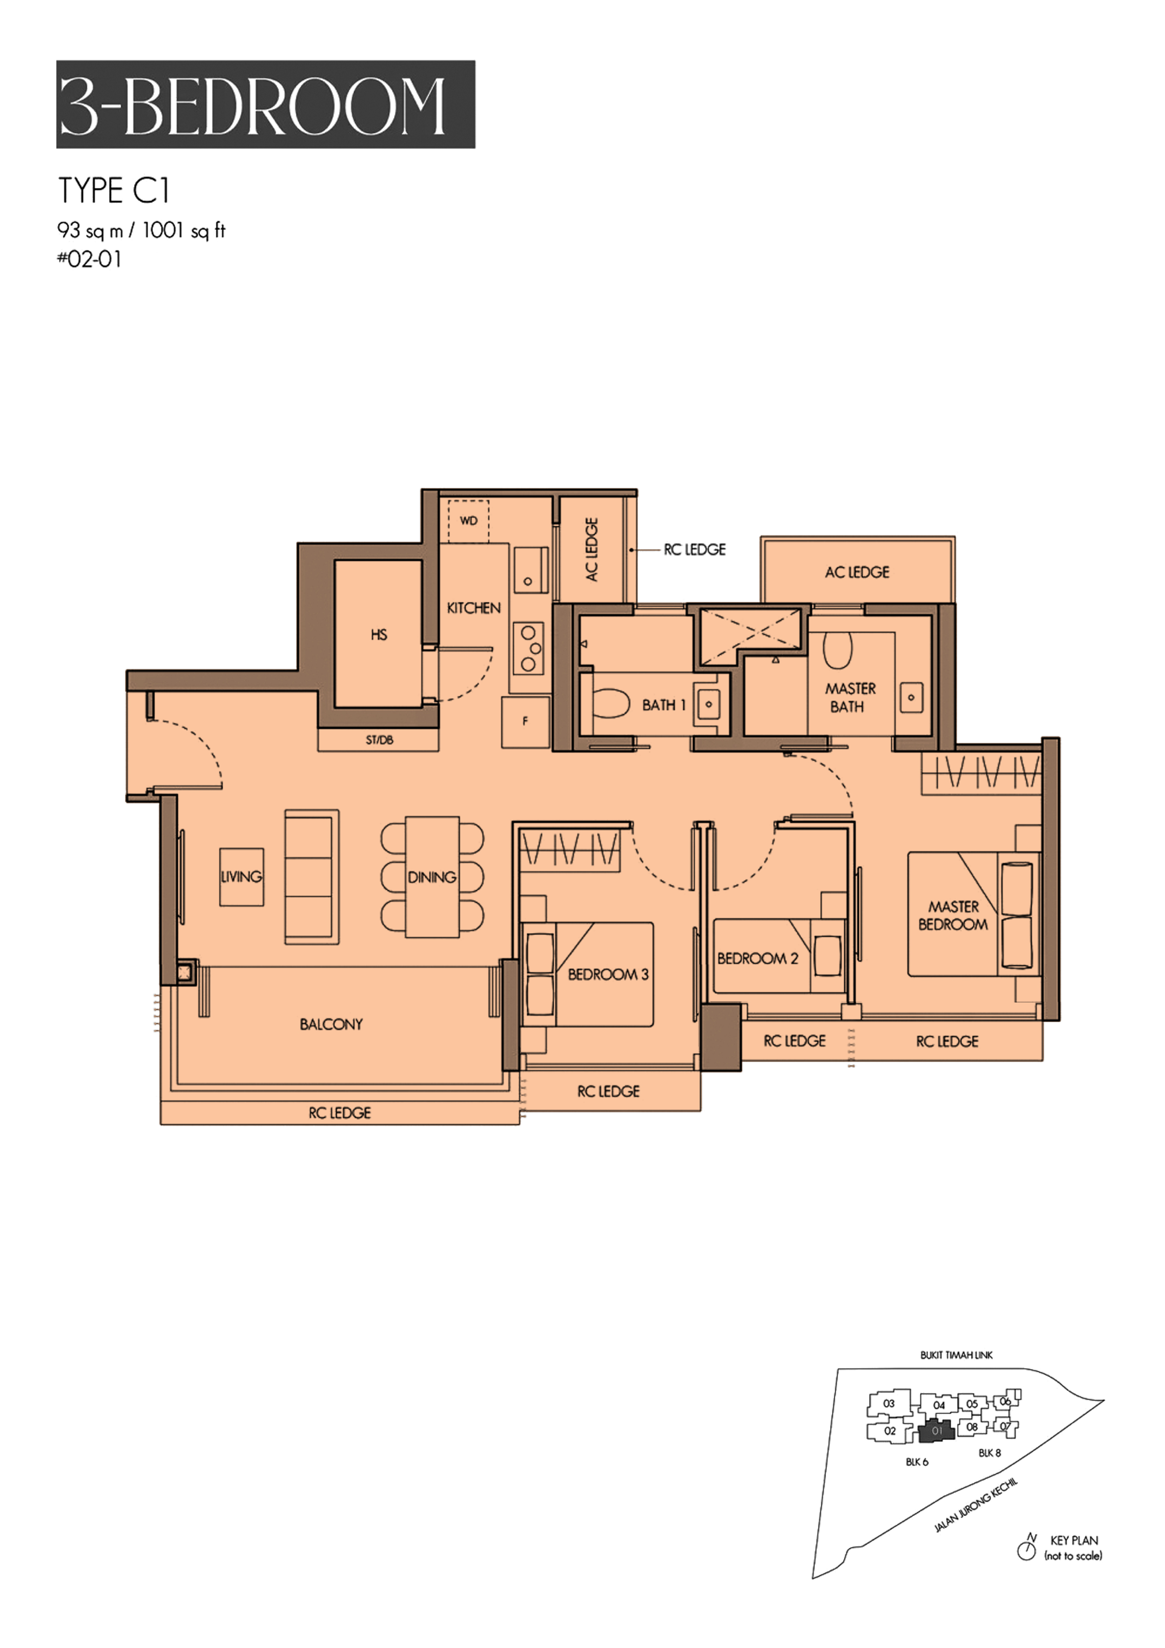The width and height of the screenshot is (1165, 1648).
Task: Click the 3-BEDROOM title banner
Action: (x=265, y=104)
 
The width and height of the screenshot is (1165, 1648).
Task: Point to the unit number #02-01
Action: (x=90, y=259)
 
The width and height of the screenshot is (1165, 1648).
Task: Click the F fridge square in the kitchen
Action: (x=526, y=722)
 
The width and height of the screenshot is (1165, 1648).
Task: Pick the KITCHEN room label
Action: (x=474, y=608)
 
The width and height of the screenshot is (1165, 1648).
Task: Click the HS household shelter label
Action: (x=379, y=635)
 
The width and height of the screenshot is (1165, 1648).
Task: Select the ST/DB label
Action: (x=379, y=740)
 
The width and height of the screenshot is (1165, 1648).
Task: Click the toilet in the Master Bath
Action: (x=837, y=650)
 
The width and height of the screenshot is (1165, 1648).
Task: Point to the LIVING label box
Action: (x=241, y=877)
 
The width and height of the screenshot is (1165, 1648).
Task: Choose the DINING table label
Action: (x=432, y=877)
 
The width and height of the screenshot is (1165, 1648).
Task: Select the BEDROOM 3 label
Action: (x=608, y=974)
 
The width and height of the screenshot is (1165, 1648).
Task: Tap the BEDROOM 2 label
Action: (x=757, y=958)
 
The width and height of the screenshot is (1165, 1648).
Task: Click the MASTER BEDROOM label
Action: (x=953, y=915)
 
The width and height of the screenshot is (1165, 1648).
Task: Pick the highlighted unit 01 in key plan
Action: (x=937, y=1430)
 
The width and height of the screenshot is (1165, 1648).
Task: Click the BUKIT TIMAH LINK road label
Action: (x=956, y=1355)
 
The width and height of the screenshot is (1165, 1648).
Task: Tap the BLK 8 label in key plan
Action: (x=989, y=1453)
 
